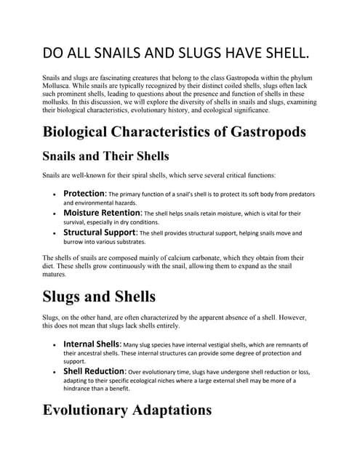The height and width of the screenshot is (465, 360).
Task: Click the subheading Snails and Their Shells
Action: point(106,156)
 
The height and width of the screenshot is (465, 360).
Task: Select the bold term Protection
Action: point(85,194)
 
